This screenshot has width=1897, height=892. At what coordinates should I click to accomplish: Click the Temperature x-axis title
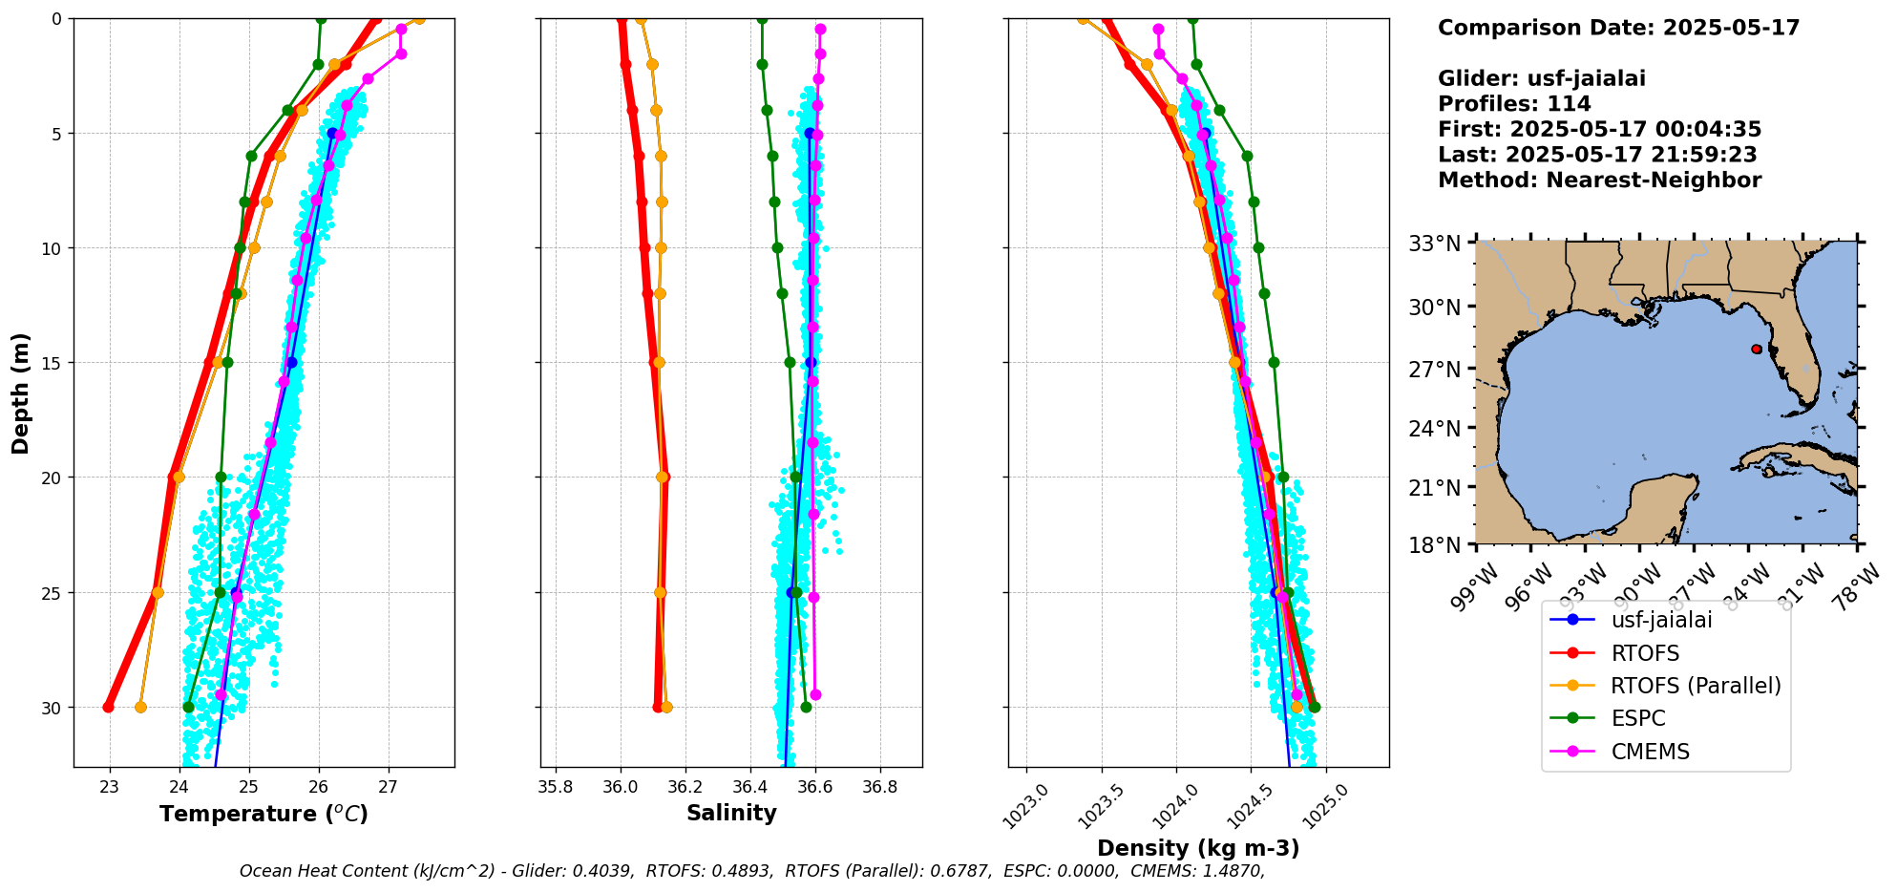[x=263, y=814]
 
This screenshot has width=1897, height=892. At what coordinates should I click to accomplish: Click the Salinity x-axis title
[x=731, y=813]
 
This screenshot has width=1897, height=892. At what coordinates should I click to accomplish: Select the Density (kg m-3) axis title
[x=1198, y=848]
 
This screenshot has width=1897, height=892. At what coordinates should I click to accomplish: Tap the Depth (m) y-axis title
[x=21, y=393]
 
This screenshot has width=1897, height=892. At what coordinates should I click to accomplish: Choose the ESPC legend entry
[x=1637, y=719]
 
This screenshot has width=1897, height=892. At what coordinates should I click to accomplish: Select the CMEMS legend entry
[x=1650, y=752]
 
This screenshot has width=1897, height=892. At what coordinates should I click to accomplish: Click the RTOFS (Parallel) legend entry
[x=1695, y=686]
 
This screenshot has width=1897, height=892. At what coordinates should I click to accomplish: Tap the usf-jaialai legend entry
[x=1661, y=620]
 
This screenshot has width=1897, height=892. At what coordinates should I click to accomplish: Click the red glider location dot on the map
[x=1757, y=350]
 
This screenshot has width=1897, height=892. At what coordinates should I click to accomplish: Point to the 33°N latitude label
[x=1435, y=244]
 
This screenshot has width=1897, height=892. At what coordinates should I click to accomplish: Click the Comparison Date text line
[x=1618, y=28]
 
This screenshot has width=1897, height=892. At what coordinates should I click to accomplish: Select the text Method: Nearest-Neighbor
[x=1599, y=181]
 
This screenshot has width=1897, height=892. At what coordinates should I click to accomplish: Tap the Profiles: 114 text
[x=1514, y=104]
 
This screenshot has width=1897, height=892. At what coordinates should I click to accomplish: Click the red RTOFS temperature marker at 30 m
[x=108, y=707]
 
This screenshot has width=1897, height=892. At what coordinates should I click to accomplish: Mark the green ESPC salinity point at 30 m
[x=806, y=707]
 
